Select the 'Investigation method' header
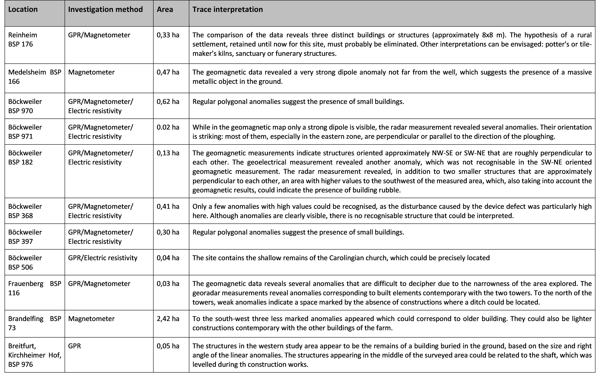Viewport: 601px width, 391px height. click(x=105, y=10)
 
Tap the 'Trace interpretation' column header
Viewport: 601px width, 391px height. click(x=228, y=10)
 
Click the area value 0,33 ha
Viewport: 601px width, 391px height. click(x=168, y=35)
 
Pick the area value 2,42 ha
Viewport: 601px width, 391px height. click(x=168, y=319)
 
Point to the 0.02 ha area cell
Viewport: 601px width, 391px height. click(x=168, y=127)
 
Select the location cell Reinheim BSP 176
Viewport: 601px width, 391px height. click(x=23, y=40)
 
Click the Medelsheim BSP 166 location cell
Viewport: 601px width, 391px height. click(x=35, y=77)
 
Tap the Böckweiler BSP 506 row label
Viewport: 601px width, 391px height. click(x=25, y=262)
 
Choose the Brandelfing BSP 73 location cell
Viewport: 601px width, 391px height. click(x=35, y=323)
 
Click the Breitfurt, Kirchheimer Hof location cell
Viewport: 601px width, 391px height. click(x=35, y=355)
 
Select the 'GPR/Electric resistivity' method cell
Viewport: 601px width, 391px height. click(x=103, y=258)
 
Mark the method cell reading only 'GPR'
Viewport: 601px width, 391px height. click(x=75, y=346)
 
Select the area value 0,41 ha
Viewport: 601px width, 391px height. click(x=168, y=207)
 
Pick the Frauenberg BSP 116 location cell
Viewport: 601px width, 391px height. click(x=35, y=288)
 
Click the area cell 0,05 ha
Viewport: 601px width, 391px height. click(x=168, y=346)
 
